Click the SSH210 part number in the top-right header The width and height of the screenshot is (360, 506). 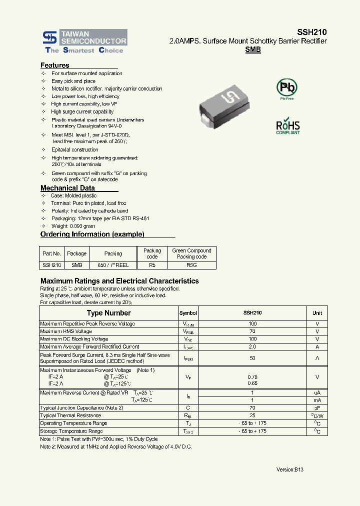(313, 31)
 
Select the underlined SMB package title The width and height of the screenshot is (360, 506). (253, 50)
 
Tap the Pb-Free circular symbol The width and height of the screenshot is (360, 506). (286, 88)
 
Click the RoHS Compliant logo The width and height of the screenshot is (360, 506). (288, 126)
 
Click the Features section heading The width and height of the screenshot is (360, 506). (55, 65)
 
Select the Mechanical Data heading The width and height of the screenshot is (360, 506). (67, 188)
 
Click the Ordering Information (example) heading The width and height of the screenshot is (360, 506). (92, 234)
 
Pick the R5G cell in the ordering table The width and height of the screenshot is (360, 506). (191, 265)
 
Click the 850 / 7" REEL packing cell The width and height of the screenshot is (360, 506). (113, 265)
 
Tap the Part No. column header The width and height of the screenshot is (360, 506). (51, 253)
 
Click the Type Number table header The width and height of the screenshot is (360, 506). (108, 313)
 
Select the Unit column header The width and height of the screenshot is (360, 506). (317, 313)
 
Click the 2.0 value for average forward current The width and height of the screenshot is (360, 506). (252, 346)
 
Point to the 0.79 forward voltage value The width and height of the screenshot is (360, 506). (252, 376)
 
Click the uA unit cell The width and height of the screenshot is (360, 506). (317, 392)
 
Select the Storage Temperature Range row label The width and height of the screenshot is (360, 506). (71, 431)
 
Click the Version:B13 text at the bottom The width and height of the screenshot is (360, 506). (290, 469)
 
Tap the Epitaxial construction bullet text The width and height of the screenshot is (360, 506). (75, 149)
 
